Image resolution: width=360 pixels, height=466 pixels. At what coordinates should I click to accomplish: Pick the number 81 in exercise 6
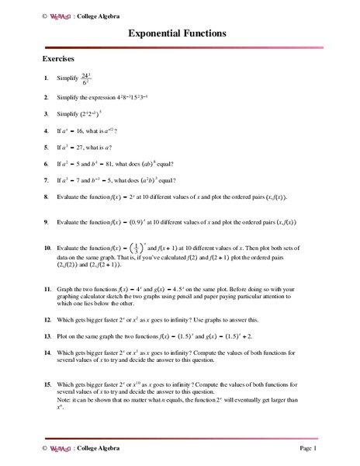(116, 164)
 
